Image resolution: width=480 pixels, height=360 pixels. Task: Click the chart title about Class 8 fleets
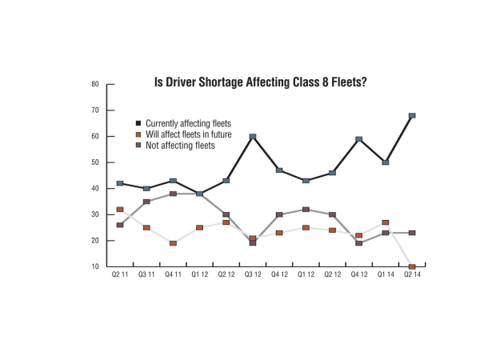260,83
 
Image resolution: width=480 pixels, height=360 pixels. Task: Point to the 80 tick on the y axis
95,84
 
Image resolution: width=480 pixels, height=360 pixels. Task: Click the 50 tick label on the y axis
95,162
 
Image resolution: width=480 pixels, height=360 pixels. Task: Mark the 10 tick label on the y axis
95,266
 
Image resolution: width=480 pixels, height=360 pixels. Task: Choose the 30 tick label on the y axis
95,214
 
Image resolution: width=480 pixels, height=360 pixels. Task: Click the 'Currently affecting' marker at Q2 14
412,115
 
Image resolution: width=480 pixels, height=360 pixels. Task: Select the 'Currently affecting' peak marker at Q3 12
253,137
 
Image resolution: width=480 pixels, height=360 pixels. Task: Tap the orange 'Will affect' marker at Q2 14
412,266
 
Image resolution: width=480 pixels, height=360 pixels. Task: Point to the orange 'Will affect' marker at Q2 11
120,210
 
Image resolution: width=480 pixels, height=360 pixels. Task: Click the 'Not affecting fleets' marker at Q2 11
120,225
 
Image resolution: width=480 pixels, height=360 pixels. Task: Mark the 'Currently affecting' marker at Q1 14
386,162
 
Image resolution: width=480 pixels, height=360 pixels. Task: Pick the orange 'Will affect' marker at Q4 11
173,243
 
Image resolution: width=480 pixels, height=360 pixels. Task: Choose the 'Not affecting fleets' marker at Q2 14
412,233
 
